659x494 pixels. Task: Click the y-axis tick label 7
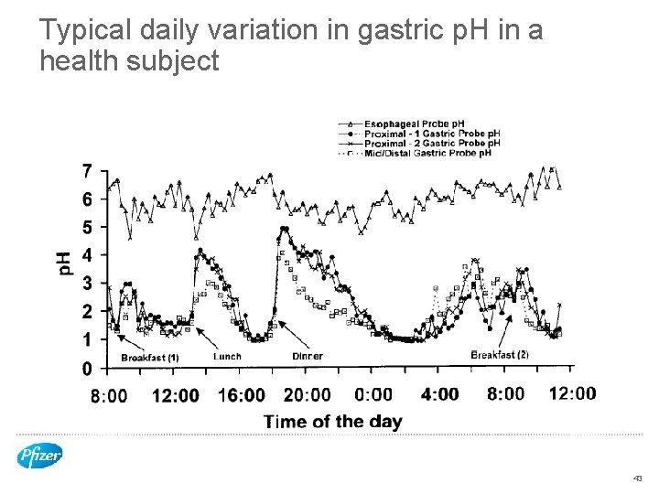(x=86, y=171)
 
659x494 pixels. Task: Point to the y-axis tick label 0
(x=86, y=368)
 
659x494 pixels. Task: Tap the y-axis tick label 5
(x=86, y=227)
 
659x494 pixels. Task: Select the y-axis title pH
(x=66, y=263)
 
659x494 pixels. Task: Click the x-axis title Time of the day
(x=333, y=422)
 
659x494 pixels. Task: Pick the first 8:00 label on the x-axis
(x=109, y=395)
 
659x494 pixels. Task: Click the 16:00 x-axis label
(x=242, y=395)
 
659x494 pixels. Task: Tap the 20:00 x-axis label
(x=308, y=395)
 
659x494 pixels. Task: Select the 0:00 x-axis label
(x=373, y=394)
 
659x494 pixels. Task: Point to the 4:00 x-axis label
(x=439, y=394)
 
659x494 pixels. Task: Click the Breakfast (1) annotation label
(x=150, y=358)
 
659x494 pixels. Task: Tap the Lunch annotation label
(x=227, y=356)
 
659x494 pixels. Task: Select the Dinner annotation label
(x=308, y=356)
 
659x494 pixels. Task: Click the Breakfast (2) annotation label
(x=500, y=355)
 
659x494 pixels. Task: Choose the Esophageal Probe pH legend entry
(x=415, y=123)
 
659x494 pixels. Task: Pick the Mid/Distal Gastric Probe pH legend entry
(x=427, y=153)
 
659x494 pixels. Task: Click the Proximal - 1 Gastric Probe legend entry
(x=432, y=134)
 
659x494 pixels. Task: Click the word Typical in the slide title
(x=88, y=31)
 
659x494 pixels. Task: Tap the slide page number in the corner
(x=637, y=478)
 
